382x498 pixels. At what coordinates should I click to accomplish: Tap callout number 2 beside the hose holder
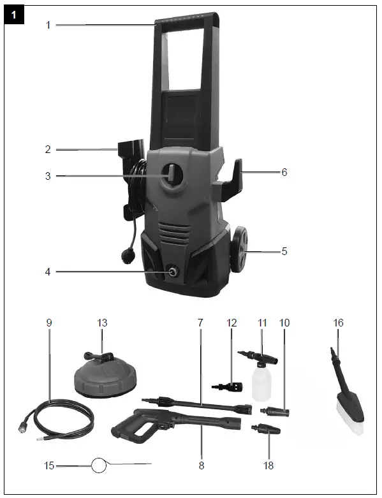(48, 150)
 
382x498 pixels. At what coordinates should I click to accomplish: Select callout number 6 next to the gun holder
(284, 172)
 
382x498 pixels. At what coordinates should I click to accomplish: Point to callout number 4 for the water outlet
(48, 272)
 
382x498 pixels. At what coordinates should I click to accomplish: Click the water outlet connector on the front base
(172, 272)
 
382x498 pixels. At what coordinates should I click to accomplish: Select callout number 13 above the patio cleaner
(102, 323)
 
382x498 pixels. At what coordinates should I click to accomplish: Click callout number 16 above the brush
(338, 323)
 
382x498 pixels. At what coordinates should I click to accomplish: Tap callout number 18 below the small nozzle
(268, 465)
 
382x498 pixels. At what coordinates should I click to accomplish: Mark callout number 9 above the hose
(48, 323)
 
